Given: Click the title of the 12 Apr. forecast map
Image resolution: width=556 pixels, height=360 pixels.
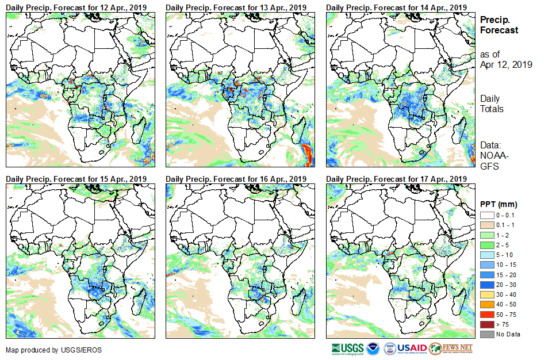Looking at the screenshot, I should pyautogui.click(x=76, y=7).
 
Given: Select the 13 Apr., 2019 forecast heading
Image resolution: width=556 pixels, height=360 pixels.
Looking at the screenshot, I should pyautogui.click(x=236, y=7).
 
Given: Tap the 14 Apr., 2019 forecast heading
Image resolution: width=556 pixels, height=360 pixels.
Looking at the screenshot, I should pyautogui.click(x=396, y=7).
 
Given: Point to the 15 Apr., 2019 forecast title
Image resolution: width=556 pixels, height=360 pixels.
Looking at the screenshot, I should pyautogui.click(x=76, y=179).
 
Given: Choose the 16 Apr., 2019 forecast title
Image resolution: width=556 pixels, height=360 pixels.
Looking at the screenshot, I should pyautogui.click(x=236, y=179).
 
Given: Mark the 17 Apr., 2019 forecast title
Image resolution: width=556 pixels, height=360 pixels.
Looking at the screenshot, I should pyautogui.click(x=396, y=179).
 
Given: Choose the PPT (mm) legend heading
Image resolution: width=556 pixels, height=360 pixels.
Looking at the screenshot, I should pyautogui.click(x=499, y=204).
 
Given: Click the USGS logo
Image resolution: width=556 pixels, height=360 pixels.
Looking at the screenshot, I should pyautogui.click(x=347, y=348).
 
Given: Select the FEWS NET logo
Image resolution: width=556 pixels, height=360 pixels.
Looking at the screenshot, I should pyautogui.click(x=452, y=348).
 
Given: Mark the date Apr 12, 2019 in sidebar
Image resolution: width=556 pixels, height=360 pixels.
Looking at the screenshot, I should pyautogui.click(x=506, y=64).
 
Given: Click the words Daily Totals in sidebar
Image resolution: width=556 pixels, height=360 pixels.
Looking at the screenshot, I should pyautogui.click(x=492, y=104).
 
